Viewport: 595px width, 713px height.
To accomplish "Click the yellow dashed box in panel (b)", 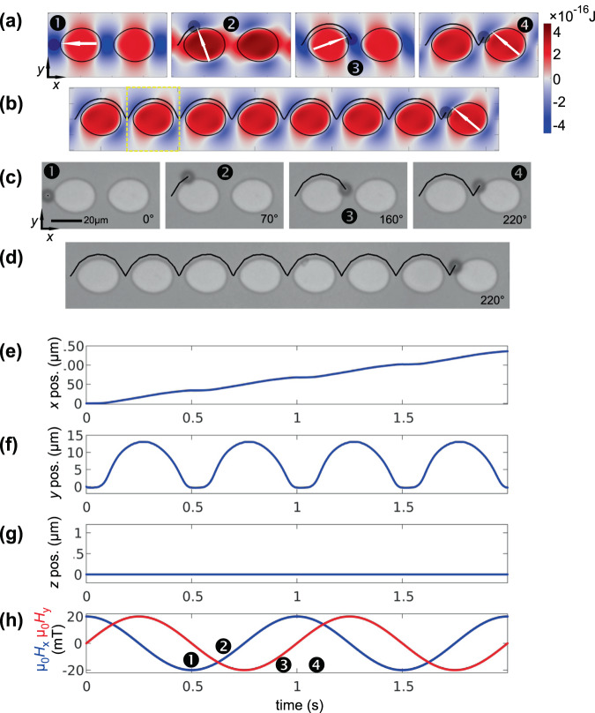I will click(x=153, y=115).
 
